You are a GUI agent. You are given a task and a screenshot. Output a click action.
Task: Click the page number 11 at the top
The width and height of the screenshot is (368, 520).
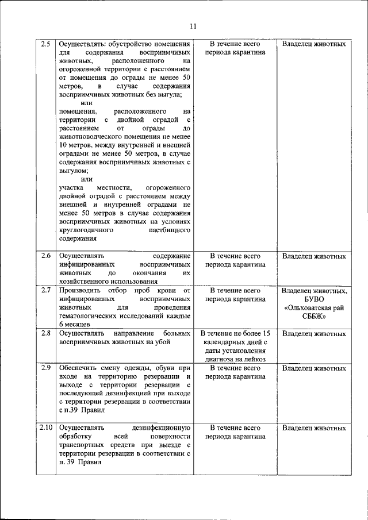[192, 26]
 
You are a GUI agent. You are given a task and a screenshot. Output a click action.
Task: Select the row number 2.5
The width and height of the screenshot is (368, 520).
[47, 44]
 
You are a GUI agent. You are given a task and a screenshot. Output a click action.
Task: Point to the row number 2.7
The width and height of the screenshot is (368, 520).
[47, 290]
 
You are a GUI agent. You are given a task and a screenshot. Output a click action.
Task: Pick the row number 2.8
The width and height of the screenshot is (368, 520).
[47, 333]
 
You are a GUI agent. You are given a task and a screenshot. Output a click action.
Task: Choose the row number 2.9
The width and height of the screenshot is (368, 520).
[47, 368]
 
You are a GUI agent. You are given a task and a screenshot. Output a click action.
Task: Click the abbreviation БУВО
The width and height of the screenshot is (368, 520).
[314, 299]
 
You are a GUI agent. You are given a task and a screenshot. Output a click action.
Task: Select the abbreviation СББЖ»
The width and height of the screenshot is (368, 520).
[314, 316]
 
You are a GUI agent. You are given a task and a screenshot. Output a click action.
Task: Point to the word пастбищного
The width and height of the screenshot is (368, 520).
[170, 230]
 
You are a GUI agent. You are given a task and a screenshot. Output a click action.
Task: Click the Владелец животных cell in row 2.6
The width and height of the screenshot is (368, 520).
[314, 256]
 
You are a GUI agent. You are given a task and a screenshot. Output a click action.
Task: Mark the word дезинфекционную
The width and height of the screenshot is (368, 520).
[160, 428]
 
